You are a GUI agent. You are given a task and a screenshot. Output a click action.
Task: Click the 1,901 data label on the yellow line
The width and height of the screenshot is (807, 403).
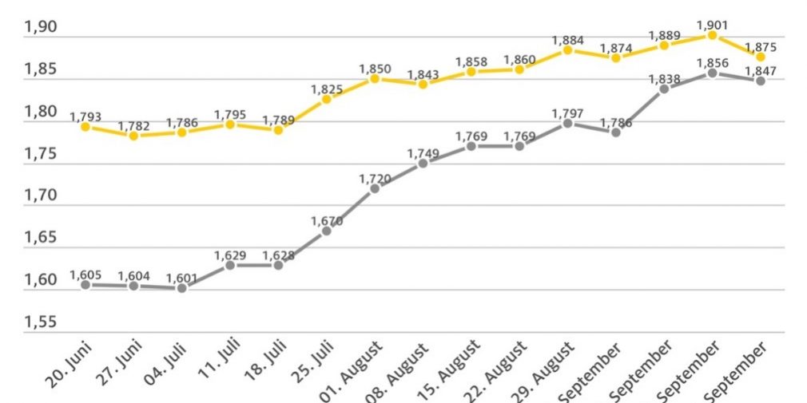pyautogui.click(x=711, y=24)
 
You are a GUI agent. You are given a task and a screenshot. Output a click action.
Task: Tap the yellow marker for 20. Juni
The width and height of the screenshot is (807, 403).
pyautogui.click(x=85, y=127)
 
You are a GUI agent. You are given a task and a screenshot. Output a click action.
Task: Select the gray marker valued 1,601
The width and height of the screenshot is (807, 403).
pyautogui.click(x=182, y=288)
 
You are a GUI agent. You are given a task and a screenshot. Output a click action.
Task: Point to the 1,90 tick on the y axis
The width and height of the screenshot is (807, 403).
pyautogui.click(x=40, y=27)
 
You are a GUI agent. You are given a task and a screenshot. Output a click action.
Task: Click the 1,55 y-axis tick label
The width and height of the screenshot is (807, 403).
pyautogui.click(x=40, y=322)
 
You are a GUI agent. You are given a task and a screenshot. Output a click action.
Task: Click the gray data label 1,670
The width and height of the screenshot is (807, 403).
pyautogui.click(x=326, y=220)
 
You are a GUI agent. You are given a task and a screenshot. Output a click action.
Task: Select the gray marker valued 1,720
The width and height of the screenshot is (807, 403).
pyautogui.click(x=374, y=188)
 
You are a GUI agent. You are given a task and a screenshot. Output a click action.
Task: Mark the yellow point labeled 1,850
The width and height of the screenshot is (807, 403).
pyautogui.click(x=374, y=78)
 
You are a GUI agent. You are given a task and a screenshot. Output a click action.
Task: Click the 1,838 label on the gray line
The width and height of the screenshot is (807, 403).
pyautogui.click(x=663, y=78)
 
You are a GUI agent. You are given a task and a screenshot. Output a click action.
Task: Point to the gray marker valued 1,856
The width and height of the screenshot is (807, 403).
pyautogui.click(x=712, y=73)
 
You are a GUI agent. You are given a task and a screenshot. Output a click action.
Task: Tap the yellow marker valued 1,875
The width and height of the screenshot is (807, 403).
pyautogui.click(x=760, y=57)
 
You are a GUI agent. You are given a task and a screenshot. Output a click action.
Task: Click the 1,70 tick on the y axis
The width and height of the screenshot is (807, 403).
pyautogui.click(x=40, y=196)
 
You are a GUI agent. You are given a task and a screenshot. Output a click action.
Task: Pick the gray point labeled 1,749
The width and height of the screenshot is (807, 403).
pyautogui.click(x=423, y=163)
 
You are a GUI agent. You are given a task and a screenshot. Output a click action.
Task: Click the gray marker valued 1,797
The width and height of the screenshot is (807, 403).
pyautogui.click(x=567, y=123)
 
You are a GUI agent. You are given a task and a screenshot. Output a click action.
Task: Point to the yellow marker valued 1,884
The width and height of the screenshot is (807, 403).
pyautogui.click(x=567, y=49)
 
